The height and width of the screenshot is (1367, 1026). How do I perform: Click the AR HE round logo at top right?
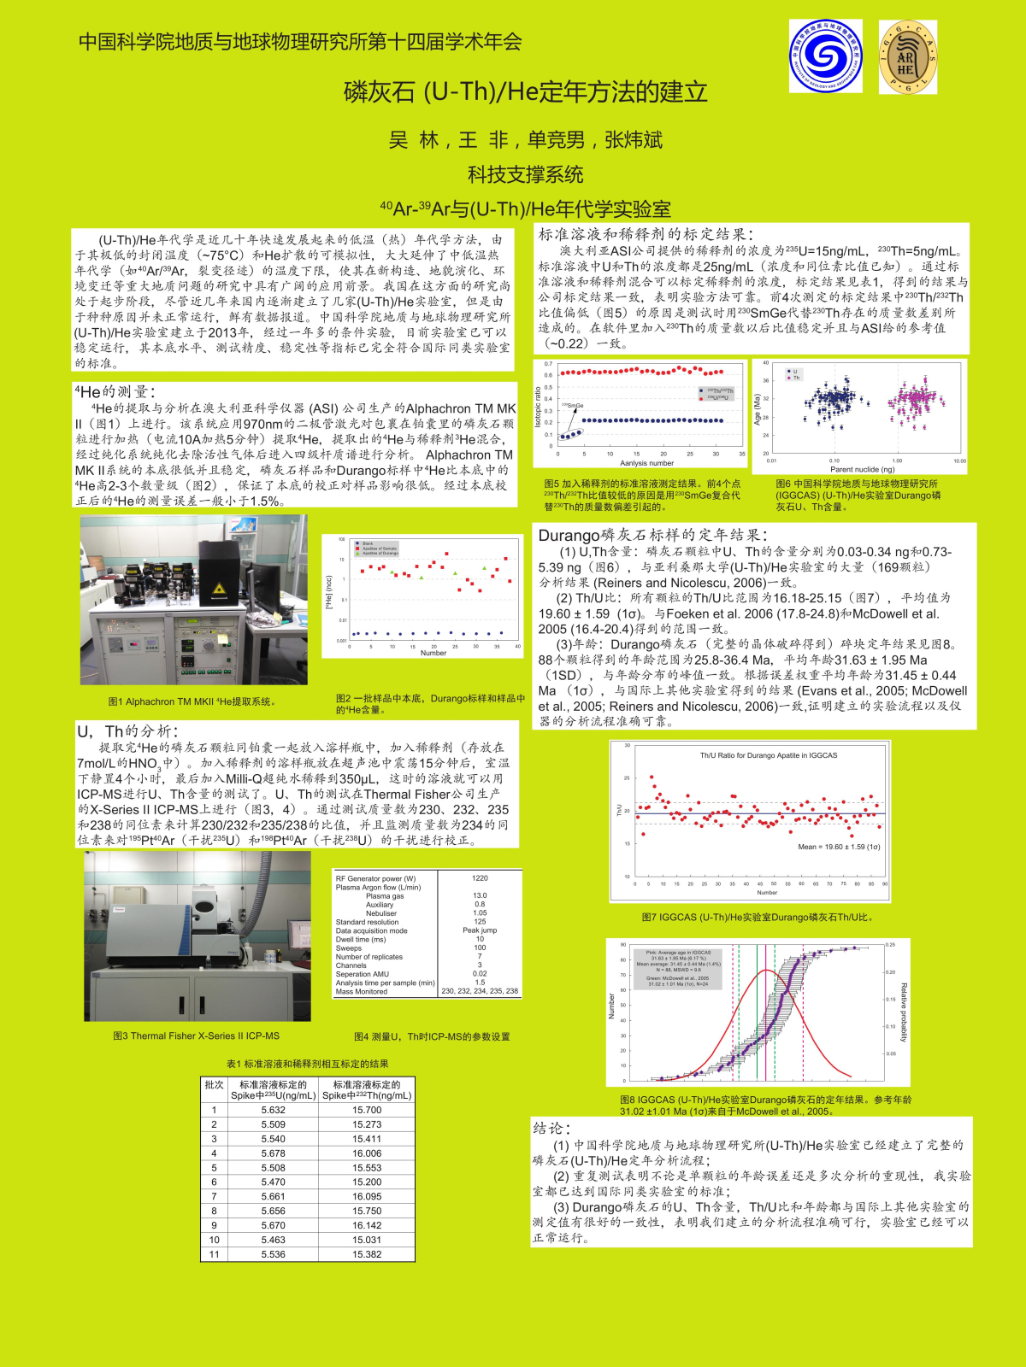point(907,57)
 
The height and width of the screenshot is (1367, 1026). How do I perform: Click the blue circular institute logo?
point(825,56)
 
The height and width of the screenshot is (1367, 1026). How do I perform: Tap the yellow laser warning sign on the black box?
point(218,589)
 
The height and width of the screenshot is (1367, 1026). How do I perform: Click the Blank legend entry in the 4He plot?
point(368,543)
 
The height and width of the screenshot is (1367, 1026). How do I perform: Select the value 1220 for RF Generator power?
point(480,878)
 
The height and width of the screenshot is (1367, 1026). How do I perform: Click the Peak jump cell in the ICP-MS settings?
point(480,930)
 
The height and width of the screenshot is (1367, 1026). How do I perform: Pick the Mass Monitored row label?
point(362,992)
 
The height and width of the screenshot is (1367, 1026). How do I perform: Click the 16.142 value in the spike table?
point(367,1225)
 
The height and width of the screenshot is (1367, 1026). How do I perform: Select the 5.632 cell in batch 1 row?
point(274,1110)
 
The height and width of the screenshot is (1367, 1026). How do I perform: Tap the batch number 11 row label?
point(214,1254)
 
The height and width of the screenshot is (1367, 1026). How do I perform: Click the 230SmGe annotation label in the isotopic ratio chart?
point(573,406)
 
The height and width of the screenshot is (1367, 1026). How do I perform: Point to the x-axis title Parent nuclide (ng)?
point(862,469)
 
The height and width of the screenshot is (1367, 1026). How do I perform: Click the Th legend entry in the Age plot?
point(796,378)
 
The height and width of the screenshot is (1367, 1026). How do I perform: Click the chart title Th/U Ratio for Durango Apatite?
point(768,755)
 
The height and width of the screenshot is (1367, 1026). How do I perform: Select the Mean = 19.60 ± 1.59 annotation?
point(838,847)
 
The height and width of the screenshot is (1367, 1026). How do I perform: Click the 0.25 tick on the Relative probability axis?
point(891,945)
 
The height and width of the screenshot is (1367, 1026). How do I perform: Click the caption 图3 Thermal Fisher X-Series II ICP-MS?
point(197,1036)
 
